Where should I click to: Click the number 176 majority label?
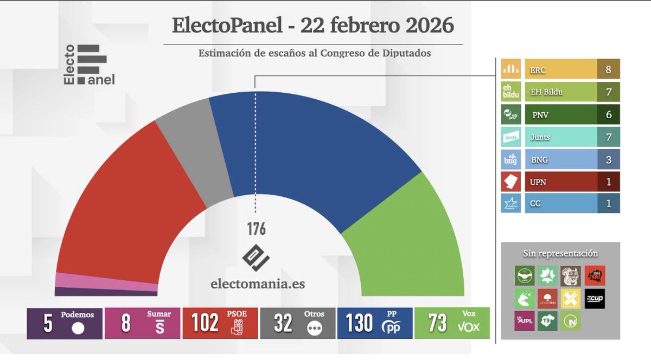coord(256,229)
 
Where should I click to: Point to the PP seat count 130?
coord(359,323)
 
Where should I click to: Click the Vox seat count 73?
coord(437,323)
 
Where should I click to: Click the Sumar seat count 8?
coord(125,323)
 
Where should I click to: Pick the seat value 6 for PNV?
coord(608,114)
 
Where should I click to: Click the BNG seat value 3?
coord(608,159)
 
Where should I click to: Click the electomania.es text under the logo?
coord(256,284)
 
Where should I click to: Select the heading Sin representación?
coord(560,253)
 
